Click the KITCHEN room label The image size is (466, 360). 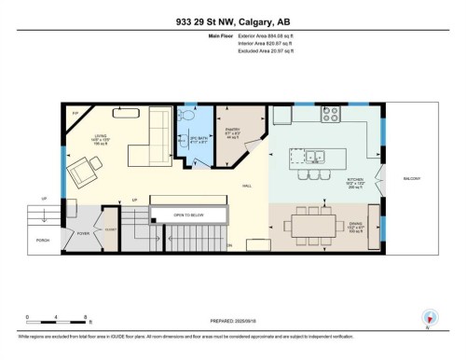pos(355,182)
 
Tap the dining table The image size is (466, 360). pos(314,224)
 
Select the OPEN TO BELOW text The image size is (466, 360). pos(188,215)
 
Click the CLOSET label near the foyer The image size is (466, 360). pos(109,228)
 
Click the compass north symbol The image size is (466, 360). pos(428,315)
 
